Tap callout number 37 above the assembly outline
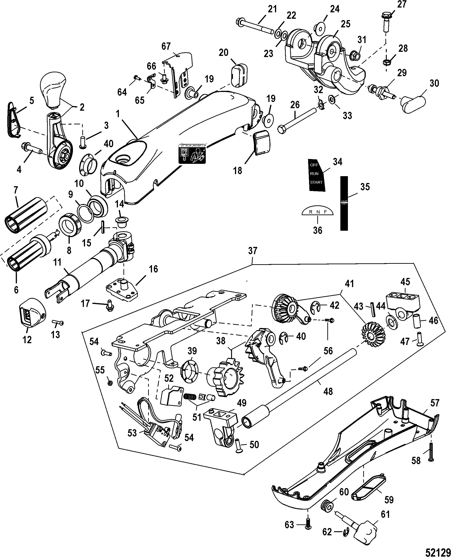click(x=253, y=251)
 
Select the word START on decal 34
click(x=316, y=182)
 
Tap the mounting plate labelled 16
click(x=121, y=290)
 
